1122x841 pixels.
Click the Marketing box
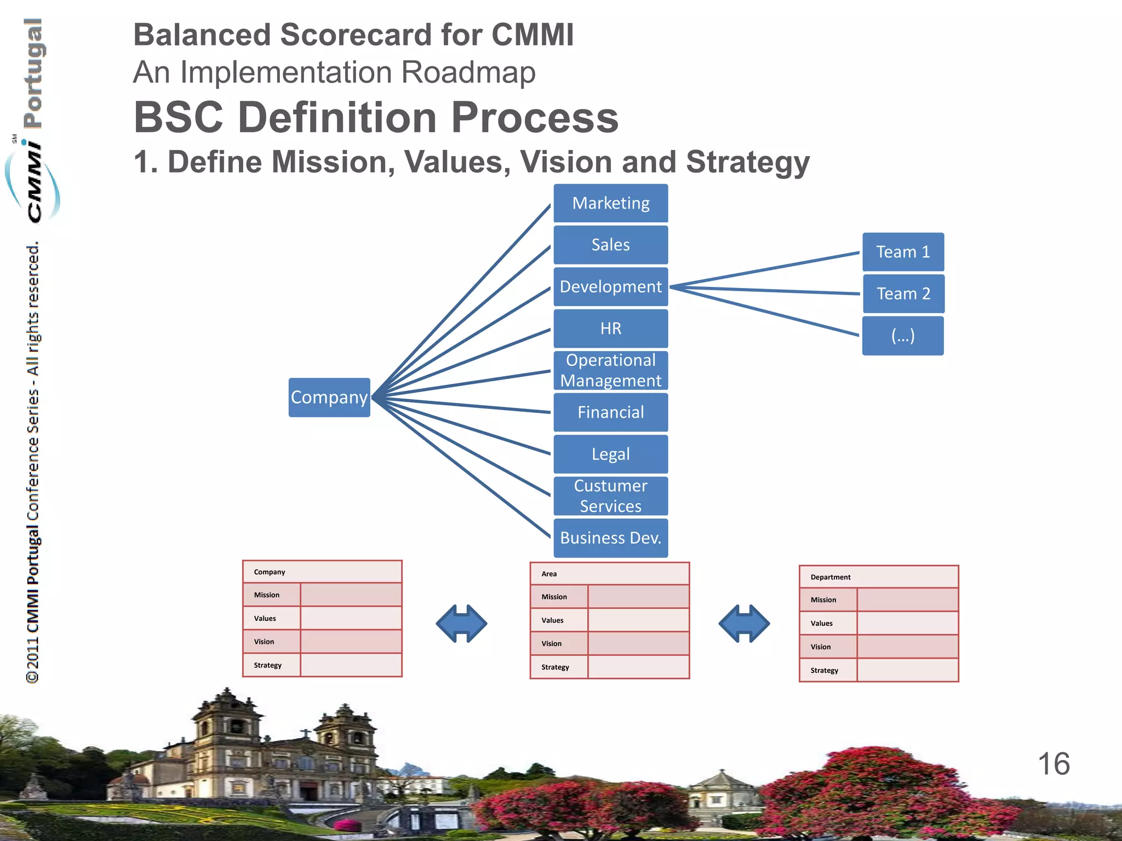point(610,203)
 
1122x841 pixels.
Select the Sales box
point(610,245)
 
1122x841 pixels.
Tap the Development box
point(610,286)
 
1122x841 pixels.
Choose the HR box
point(610,329)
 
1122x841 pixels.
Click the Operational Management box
point(610,370)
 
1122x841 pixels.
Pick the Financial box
point(610,412)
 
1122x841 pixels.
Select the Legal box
point(610,454)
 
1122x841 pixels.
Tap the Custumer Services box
point(610,496)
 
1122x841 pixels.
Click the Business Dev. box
point(610,538)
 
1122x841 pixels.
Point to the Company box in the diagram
point(329,398)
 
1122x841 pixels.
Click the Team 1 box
point(903,252)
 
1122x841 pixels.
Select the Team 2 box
point(903,293)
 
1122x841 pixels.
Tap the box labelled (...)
point(903,335)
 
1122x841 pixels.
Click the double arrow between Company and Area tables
point(461,623)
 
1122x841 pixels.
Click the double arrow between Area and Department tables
point(744,623)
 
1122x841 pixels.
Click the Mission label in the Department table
point(823,600)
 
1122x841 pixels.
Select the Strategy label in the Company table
point(267,665)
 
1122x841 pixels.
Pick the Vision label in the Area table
point(551,644)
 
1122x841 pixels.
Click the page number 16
point(1053,764)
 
